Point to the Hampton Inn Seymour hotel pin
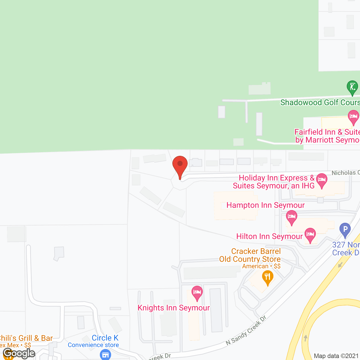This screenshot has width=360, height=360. click(x=292, y=217)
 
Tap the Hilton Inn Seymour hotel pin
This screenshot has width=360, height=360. click(x=310, y=235)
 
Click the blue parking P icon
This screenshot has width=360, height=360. click(x=345, y=229)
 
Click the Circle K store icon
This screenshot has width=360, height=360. click(x=105, y=354)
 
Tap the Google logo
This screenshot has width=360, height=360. click(x=19, y=353)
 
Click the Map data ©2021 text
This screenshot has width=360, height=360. click(x=336, y=356)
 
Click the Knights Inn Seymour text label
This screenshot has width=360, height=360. click(x=174, y=308)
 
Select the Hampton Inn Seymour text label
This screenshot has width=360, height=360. click(x=265, y=205)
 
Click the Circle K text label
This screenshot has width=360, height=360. click(x=105, y=338)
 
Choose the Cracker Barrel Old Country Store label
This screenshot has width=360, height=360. click(x=250, y=255)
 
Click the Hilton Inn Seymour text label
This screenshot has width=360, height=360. click(x=269, y=236)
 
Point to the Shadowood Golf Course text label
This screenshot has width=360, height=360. click(x=320, y=102)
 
